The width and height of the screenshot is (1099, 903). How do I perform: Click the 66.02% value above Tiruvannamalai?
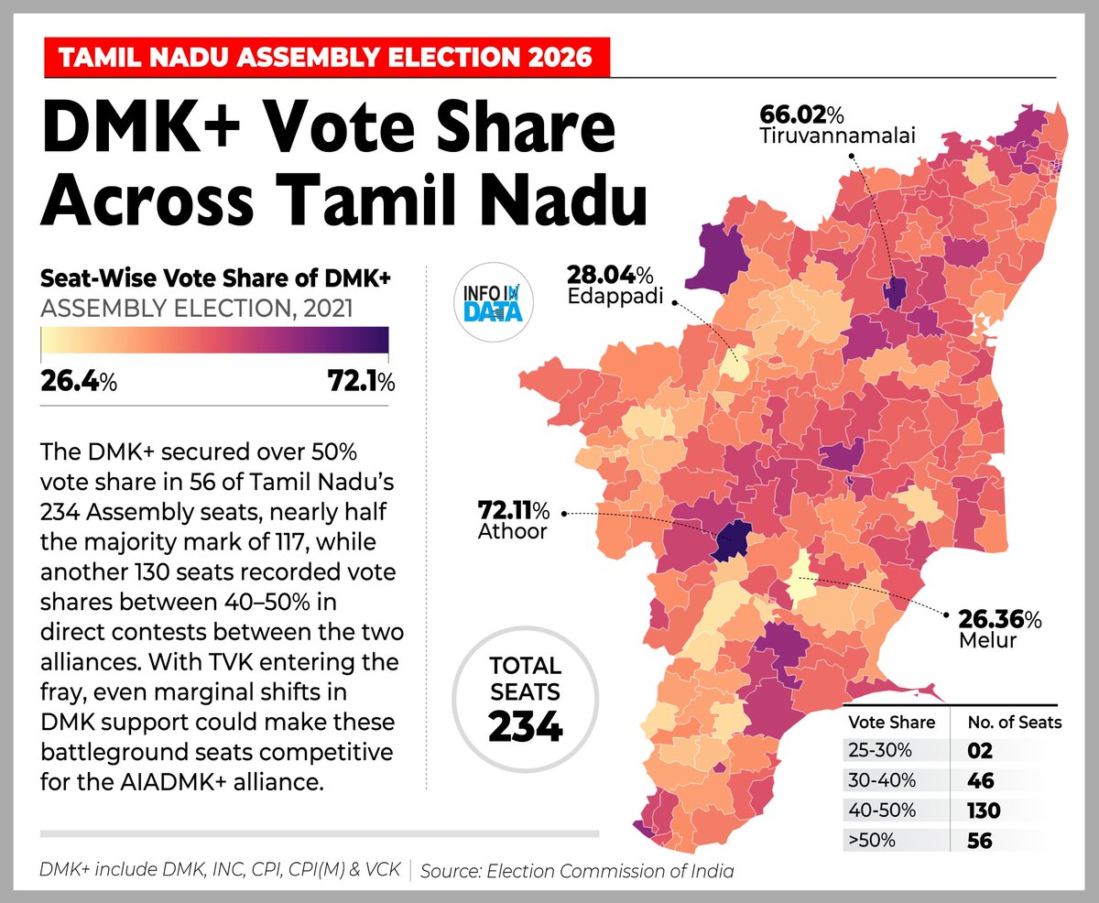pos(801,115)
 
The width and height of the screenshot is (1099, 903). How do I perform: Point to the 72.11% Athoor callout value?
pos(512,508)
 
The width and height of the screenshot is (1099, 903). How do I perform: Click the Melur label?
pos(987,640)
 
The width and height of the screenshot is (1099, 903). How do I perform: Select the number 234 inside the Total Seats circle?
pos(525,725)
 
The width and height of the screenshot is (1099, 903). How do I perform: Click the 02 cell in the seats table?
pos(980,751)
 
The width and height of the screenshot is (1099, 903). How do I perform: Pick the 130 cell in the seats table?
pos(984,811)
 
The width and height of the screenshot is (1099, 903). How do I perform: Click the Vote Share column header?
pos(891,722)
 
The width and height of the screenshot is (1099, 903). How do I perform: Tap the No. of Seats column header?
pos(1014,722)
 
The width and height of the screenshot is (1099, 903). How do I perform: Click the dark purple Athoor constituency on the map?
pos(730,540)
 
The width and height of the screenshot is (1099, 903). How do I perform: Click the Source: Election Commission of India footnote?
pos(577,870)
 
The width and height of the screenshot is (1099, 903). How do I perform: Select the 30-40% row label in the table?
pos(879,780)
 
